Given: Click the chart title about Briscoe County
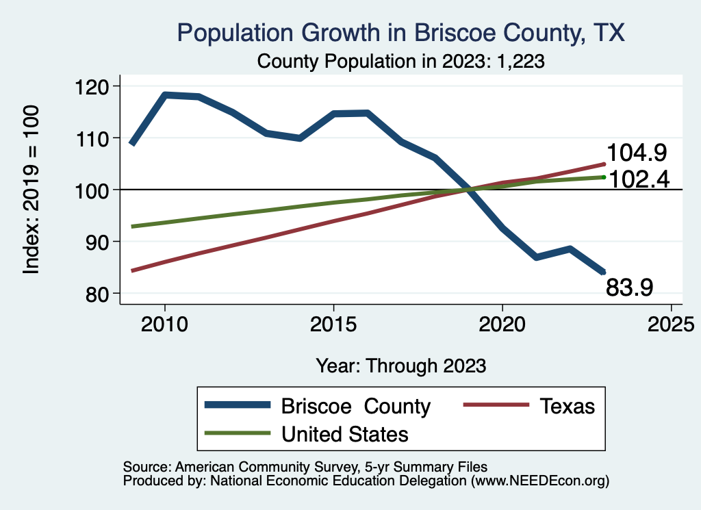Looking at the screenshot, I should (400, 33).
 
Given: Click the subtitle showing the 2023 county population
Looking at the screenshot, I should (400, 61).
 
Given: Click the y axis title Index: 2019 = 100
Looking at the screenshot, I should (31, 190).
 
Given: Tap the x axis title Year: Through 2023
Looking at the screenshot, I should (401, 366).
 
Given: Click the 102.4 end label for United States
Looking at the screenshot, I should (638, 179).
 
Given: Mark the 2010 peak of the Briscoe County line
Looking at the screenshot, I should (164, 95).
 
